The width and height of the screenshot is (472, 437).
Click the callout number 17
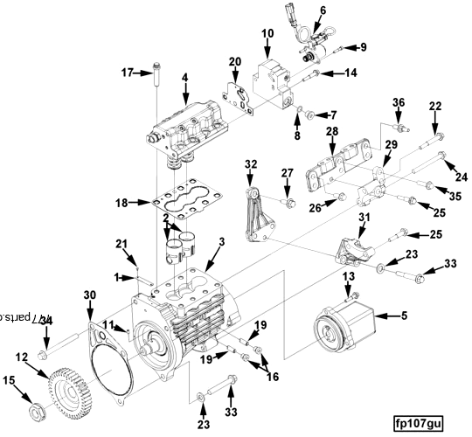[126, 73]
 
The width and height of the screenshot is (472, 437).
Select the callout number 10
[267, 33]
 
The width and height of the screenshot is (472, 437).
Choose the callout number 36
[398, 102]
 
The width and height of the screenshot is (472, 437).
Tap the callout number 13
[348, 276]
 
